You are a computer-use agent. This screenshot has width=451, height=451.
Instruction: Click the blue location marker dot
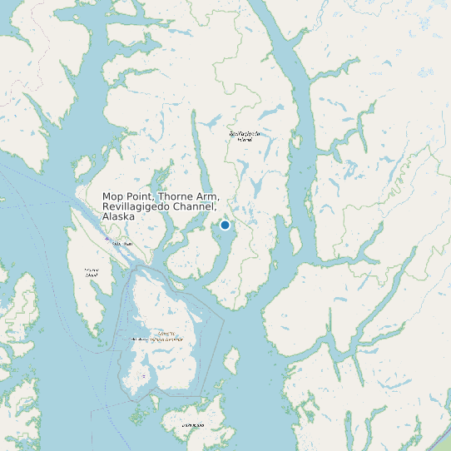[225, 225]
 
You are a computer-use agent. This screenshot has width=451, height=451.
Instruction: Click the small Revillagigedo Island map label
[245, 136]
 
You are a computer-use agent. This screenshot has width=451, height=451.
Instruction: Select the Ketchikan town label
[124, 243]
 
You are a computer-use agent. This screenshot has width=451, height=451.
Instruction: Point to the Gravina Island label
[92, 272]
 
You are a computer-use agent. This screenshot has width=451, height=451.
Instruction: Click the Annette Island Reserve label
[157, 339]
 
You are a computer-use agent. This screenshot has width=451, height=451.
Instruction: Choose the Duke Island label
[193, 424]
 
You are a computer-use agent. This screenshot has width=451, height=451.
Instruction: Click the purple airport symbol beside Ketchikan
[107, 239]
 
